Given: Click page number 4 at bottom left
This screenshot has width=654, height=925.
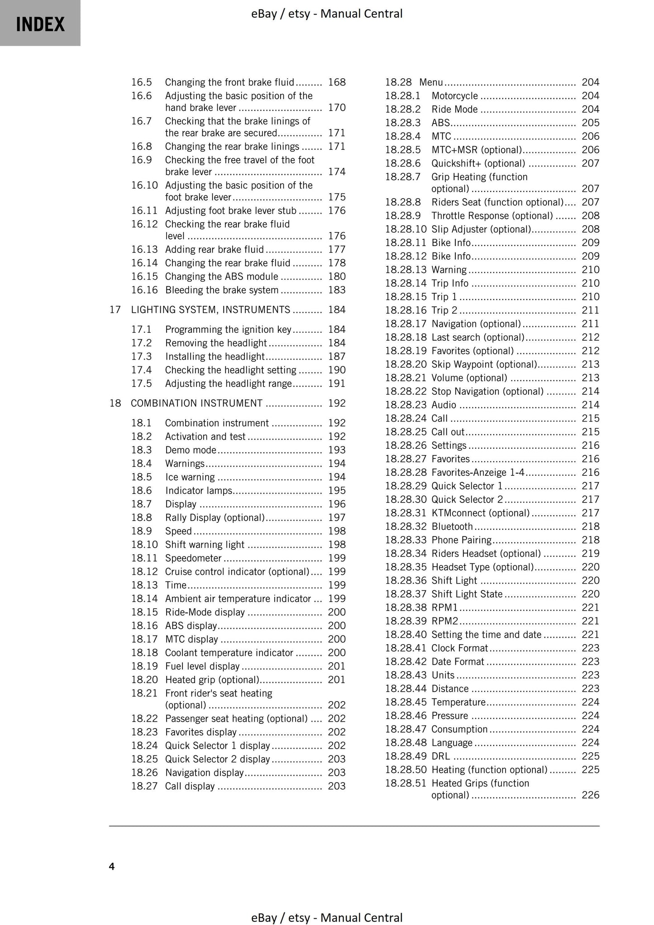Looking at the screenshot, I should (x=112, y=866).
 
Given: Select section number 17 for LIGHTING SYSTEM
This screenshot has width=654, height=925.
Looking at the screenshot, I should (x=115, y=310).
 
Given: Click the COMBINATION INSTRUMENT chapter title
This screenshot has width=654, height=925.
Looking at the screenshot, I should (x=196, y=403).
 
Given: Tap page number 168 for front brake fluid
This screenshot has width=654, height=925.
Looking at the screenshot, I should (x=336, y=82).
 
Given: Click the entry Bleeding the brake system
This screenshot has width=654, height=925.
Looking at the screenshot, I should (x=222, y=290).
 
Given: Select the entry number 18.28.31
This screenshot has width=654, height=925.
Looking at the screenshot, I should (x=406, y=513).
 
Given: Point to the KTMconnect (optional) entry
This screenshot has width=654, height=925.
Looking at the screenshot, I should (x=480, y=513).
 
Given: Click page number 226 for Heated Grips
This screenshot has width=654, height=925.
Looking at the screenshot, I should (x=590, y=795).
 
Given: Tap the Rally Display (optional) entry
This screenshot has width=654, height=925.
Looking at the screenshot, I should (x=215, y=517).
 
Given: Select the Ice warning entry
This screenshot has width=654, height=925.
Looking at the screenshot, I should (x=190, y=477).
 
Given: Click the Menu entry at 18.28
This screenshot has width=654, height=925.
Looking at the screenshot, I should (x=431, y=82).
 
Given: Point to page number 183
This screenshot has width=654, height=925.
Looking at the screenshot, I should (x=336, y=290).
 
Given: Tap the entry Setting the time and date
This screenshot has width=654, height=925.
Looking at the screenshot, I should (x=486, y=635).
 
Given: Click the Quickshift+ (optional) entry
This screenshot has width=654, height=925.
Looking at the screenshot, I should (x=478, y=163).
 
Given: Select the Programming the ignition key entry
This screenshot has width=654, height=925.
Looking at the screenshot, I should (x=228, y=330).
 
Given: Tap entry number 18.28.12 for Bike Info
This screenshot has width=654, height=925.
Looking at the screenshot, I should (x=406, y=256).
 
